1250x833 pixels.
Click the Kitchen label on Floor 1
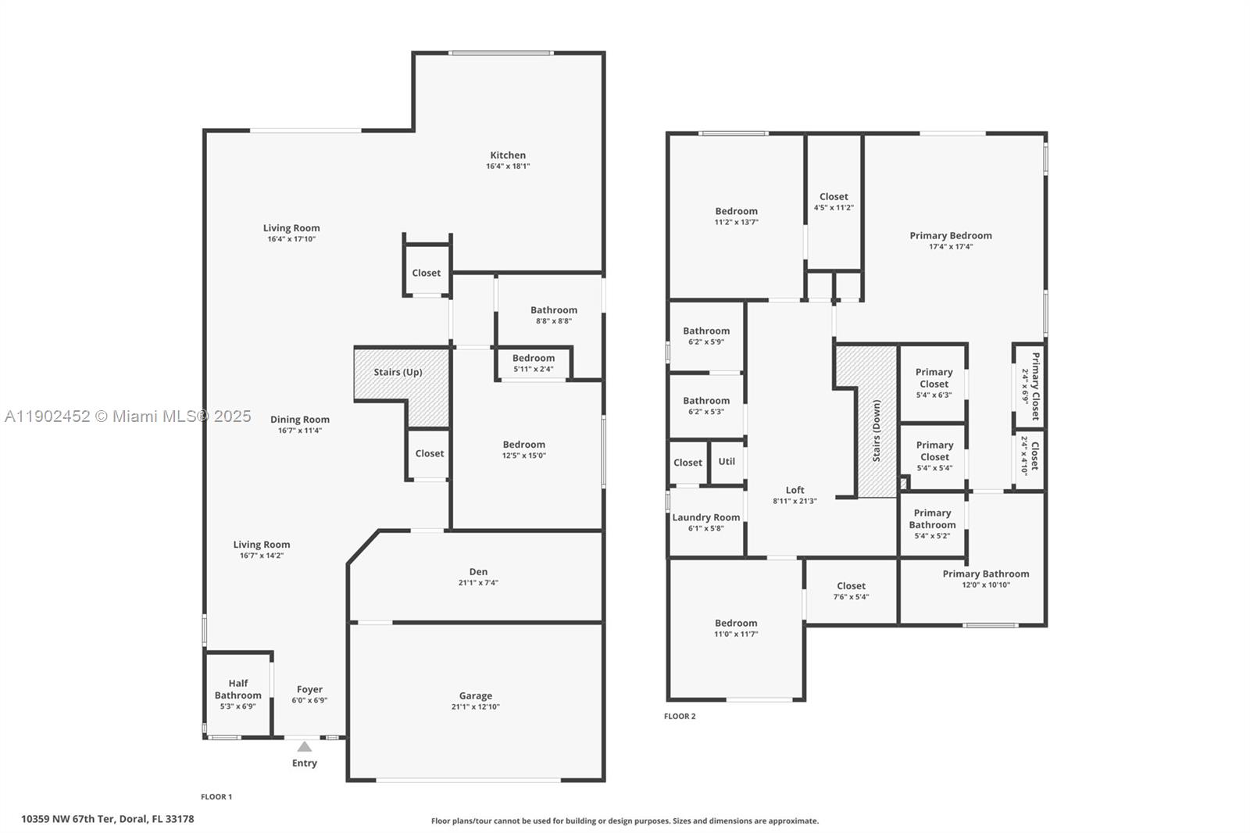[508, 156]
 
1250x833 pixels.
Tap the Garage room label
[475, 695]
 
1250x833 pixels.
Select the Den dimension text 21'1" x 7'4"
[478, 583]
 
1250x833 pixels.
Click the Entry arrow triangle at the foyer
[305, 747]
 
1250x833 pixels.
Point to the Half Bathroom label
[238, 688]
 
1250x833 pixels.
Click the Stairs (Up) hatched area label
[398, 372]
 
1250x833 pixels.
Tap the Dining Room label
[300, 420]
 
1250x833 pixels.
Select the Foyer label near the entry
[309, 689]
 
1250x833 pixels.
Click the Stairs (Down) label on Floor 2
[877, 431]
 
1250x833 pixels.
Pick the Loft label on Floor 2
[795, 490]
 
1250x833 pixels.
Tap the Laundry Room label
[705, 517]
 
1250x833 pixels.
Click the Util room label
[727, 461]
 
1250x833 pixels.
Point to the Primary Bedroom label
[951, 235]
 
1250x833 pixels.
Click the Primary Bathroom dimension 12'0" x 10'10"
[986, 585]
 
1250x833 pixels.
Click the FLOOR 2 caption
[680, 717]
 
